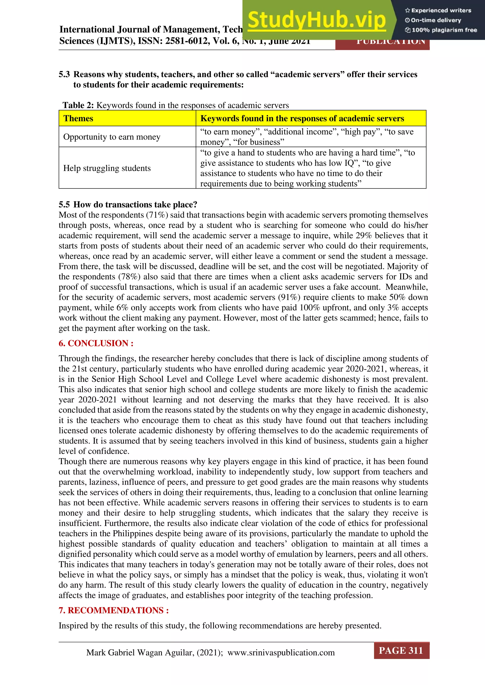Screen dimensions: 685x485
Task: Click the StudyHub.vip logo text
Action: pos(317,20)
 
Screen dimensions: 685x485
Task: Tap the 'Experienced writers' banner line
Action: pos(438,10)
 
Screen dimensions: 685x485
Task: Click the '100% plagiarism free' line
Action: pos(441,30)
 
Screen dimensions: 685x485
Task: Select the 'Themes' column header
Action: pos(78,119)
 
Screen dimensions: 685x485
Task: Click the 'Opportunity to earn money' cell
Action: pos(112,137)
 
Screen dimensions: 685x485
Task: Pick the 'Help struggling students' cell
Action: pos(107,168)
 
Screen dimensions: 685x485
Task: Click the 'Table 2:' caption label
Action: pos(78,105)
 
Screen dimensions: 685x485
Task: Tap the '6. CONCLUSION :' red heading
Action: pos(96,343)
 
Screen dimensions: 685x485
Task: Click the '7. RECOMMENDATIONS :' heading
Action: pos(113,610)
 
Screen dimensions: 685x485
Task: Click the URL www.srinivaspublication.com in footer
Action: pos(281,653)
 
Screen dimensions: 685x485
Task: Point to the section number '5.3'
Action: pos(64,74)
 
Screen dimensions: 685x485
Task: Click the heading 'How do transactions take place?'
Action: pos(135,205)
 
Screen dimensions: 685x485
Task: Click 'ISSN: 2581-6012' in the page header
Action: pos(173,41)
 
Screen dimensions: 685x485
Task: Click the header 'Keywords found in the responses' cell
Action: pos(302,119)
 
